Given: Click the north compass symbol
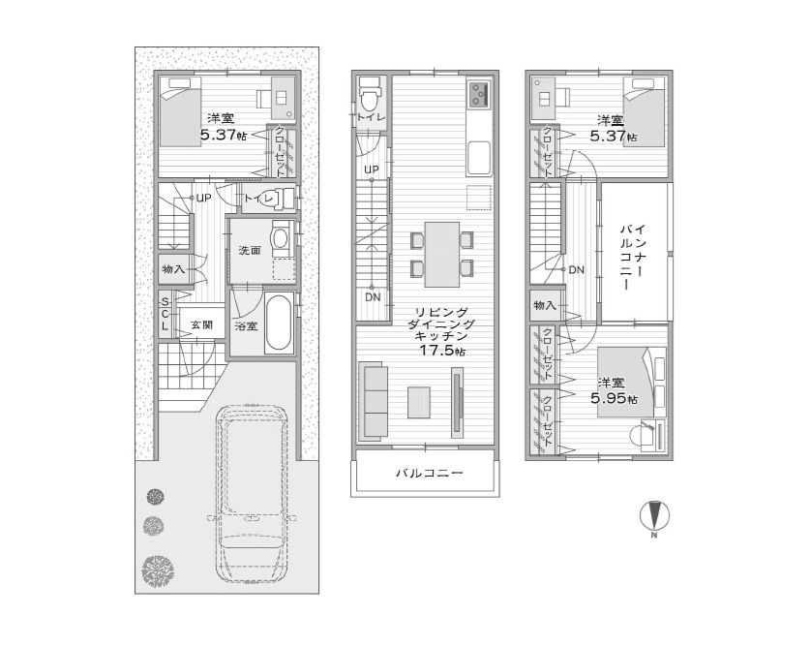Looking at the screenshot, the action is point(654,515).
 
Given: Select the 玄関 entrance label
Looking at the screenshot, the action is point(201,325).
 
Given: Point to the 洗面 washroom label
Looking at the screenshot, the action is point(250,251).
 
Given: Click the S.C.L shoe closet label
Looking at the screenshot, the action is point(165,314).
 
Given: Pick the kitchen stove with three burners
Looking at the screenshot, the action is point(478,93).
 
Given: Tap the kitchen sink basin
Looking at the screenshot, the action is point(478,158).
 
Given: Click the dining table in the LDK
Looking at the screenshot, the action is point(441,254).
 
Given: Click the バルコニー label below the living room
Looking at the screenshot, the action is point(430,473).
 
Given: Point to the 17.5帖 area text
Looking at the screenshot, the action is point(441,351).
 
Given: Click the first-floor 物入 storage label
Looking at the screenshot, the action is point(173,269).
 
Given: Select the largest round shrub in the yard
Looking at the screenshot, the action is point(157,570).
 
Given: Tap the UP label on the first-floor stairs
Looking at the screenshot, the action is point(204,198).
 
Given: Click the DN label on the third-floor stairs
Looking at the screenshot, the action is point(576,269).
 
